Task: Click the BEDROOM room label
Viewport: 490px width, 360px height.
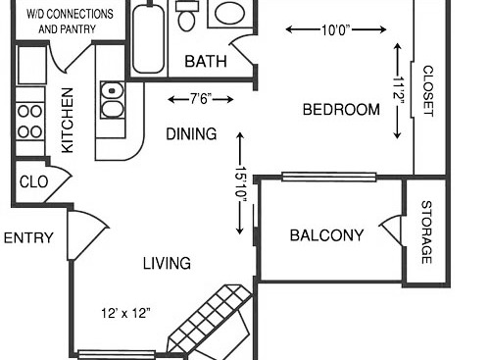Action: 340,110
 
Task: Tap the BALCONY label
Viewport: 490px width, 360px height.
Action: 326,235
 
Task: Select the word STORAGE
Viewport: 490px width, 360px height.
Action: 426,232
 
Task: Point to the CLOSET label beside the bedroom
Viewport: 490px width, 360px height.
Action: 427,90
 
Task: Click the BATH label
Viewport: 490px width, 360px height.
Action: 206,62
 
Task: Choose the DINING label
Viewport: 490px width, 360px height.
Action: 191,133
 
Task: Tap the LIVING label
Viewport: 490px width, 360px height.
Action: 167,263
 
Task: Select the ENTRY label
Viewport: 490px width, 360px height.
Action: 27,238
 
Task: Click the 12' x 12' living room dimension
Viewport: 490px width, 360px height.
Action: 125,314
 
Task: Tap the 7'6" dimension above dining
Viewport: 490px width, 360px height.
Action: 188,98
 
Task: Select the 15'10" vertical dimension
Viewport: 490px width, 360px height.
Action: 240,183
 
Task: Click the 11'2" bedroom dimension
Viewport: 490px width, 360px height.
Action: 398,92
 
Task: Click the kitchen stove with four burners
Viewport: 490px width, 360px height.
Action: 30,118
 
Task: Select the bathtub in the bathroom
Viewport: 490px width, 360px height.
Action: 148,40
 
